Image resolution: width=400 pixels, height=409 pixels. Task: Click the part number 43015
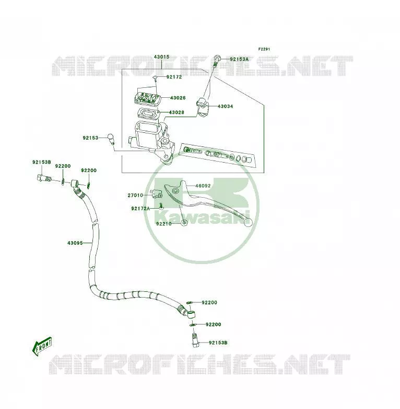pyautogui.click(x=161, y=57)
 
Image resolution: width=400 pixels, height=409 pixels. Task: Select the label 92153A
pyautogui.click(x=239, y=59)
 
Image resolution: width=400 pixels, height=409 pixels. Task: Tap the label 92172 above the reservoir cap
pyautogui.click(x=174, y=77)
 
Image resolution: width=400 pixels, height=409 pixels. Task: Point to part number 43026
pyautogui.click(x=178, y=98)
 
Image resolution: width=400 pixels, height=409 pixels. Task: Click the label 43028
pyautogui.click(x=177, y=112)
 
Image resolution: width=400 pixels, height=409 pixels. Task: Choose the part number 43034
pyautogui.click(x=225, y=106)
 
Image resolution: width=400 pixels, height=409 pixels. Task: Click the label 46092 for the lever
pyautogui.click(x=203, y=186)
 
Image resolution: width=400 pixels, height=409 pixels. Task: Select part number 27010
pyautogui.click(x=135, y=196)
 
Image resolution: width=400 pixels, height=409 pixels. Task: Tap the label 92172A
pyautogui.click(x=140, y=208)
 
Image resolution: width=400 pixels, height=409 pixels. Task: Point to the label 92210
pyautogui.click(x=164, y=224)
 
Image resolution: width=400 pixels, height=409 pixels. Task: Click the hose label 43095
pyautogui.click(x=75, y=243)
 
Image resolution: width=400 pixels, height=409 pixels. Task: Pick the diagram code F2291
pyautogui.click(x=264, y=49)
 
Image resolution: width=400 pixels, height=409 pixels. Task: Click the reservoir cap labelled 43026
pyautogui.click(x=147, y=98)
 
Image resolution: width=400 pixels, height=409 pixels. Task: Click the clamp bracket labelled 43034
pyautogui.click(x=203, y=106)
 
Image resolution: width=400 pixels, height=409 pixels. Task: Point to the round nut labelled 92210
pyautogui.click(x=184, y=223)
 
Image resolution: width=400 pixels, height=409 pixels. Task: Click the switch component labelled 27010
pyautogui.click(x=157, y=194)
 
